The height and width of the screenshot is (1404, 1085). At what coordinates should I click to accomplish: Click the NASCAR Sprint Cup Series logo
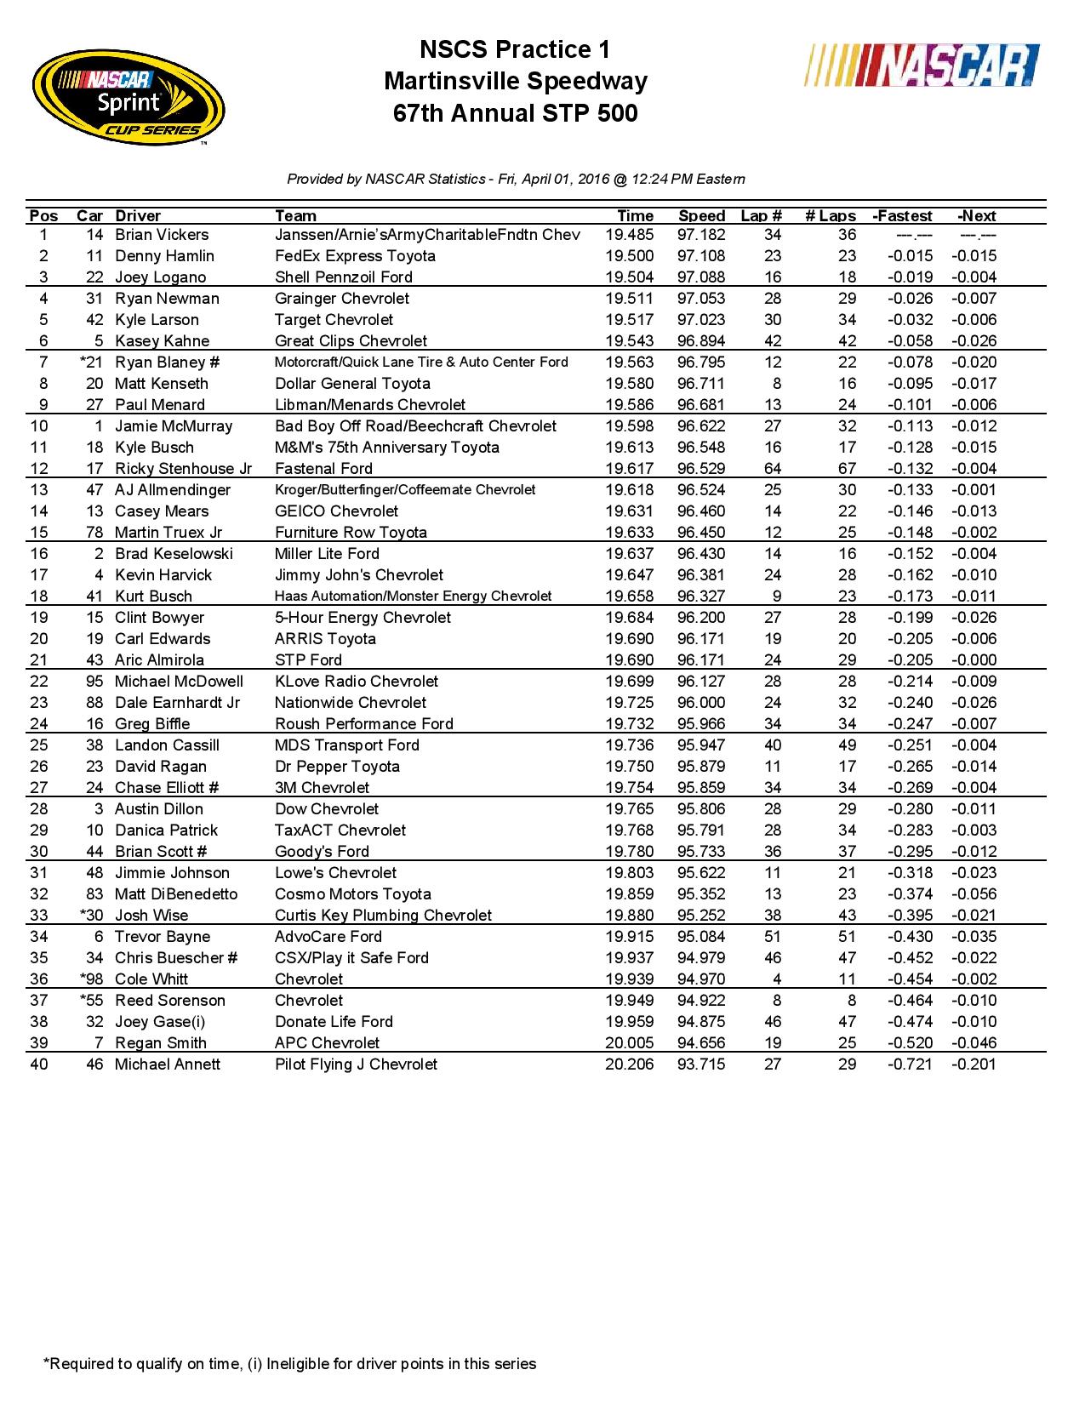(x=128, y=99)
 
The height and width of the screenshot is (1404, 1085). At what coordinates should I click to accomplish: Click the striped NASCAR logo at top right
(x=921, y=66)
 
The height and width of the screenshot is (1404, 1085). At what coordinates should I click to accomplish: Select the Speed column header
(x=701, y=215)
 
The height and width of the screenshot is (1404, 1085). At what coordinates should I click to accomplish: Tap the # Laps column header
(x=831, y=215)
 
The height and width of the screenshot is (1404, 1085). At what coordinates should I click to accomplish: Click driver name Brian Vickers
(x=162, y=235)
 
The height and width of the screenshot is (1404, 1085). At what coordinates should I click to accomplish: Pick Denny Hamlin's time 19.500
(x=630, y=256)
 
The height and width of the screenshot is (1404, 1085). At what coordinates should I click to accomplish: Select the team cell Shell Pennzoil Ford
(x=344, y=277)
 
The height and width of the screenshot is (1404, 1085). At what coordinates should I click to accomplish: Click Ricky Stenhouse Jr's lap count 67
(x=847, y=469)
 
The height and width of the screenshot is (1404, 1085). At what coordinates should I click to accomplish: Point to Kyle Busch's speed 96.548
(x=701, y=448)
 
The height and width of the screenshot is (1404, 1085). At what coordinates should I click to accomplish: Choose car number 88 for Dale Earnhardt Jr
(x=94, y=703)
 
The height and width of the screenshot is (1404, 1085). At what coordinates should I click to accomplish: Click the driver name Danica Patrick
(x=167, y=830)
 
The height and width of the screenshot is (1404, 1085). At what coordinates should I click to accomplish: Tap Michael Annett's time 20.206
(x=630, y=1064)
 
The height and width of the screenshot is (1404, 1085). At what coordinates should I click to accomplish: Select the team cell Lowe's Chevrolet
(x=335, y=873)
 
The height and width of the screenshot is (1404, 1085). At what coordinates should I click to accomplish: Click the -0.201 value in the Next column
(x=974, y=1064)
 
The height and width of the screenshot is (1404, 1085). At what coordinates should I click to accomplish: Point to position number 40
(x=39, y=1064)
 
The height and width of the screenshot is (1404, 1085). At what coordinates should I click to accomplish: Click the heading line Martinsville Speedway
(x=516, y=82)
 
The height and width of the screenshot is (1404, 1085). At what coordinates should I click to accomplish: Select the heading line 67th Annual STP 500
(x=516, y=113)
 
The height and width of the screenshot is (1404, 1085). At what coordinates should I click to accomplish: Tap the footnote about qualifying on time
(x=290, y=1364)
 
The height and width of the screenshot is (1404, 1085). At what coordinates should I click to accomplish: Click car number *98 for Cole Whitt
(x=91, y=979)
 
